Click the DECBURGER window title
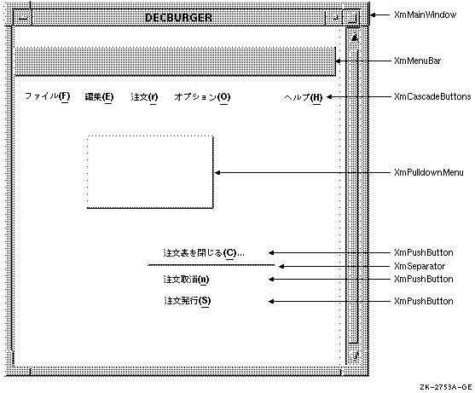coord(178,18)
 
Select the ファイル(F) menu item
coord(47,97)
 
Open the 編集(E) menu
coord(99,97)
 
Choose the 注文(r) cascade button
coord(144,97)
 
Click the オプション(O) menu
coord(202,97)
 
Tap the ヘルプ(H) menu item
coord(304,97)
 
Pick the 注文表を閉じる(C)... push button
coord(204,253)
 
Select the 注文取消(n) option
coord(186,279)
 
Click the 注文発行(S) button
coord(188,301)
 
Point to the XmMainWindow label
coord(425,14)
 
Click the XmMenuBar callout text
coord(418,61)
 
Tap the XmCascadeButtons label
coord(432,96)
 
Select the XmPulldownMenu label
coord(429,172)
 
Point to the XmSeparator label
coord(420,266)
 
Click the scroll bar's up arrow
coord(355,38)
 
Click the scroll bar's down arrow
coord(356,355)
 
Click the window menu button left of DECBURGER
coord(23,19)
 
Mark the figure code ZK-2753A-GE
coord(446,387)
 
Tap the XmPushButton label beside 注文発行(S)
coord(424,301)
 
